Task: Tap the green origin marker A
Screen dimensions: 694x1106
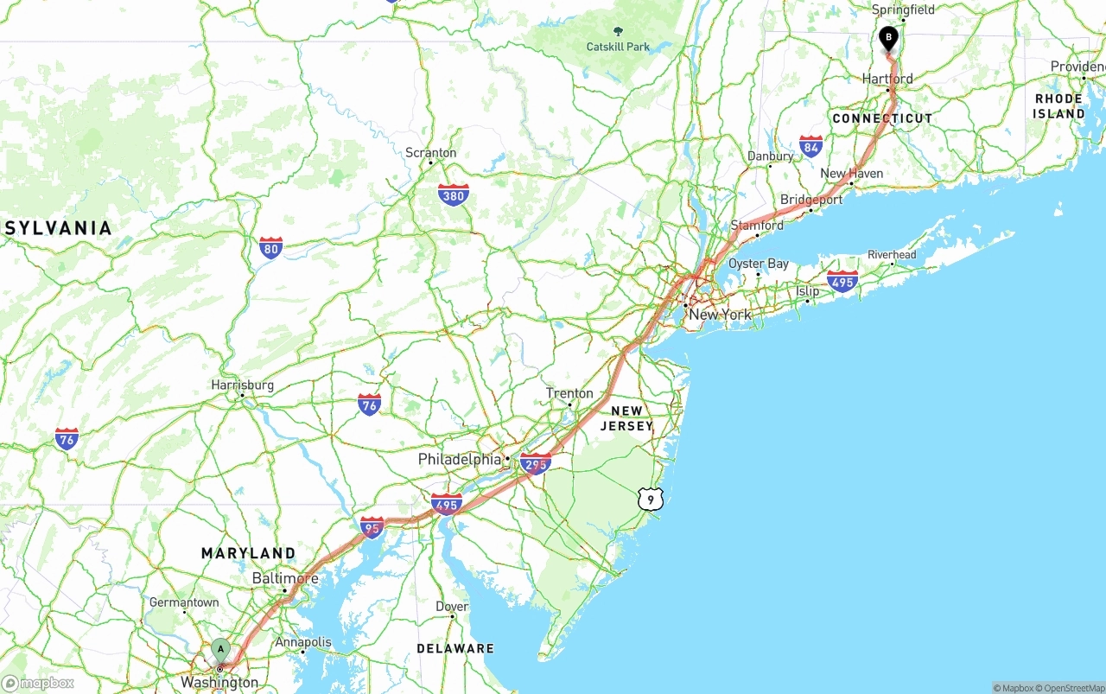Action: (221, 649)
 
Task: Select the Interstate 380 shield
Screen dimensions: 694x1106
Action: (453, 194)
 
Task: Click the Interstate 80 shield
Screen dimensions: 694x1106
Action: (270, 248)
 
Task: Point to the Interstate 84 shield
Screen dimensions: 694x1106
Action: (810, 146)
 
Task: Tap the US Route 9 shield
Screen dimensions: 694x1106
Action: (651, 499)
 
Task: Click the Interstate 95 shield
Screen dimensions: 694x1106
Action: (372, 526)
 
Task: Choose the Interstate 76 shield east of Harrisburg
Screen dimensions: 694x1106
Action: (370, 404)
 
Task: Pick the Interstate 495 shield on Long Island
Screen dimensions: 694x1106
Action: (842, 281)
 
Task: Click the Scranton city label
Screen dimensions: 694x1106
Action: (430, 153)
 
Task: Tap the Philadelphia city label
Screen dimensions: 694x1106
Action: (460, 459)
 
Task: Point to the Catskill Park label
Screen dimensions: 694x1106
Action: (617, 46)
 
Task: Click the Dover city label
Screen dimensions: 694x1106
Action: (452, 607)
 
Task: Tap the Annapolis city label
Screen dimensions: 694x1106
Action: (302, 642)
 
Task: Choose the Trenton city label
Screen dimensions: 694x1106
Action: (569, 393)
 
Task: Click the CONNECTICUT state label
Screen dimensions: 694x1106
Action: (882, 118)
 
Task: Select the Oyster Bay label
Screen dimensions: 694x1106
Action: (758, 264)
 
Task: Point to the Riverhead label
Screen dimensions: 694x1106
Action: (892, 255)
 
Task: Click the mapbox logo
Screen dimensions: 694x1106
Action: (38, 684)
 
